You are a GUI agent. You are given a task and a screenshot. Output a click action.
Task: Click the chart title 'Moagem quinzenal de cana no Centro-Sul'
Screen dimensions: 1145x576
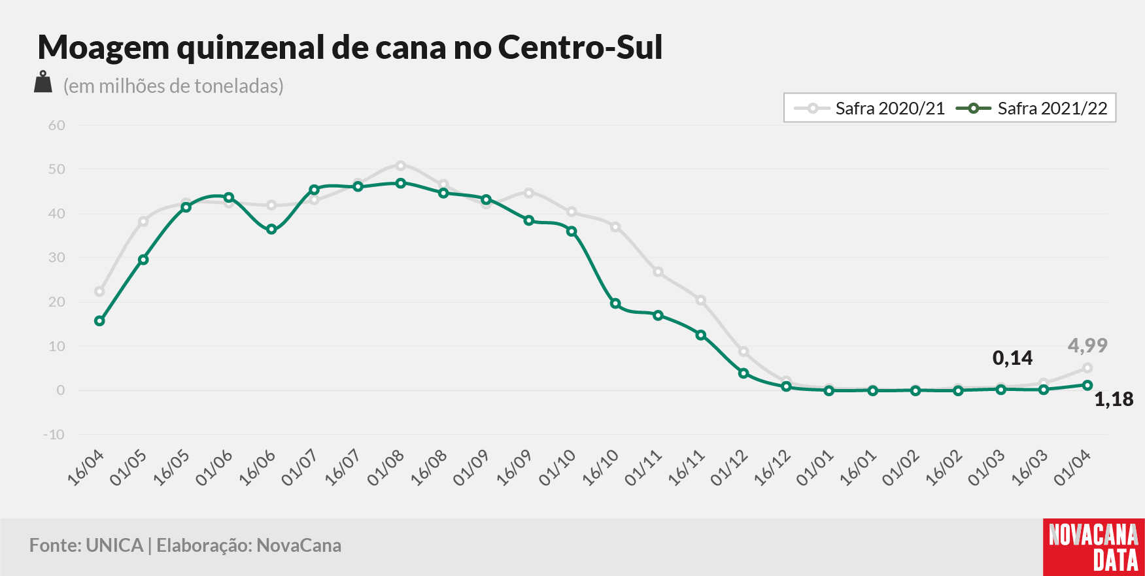[x=350, y=48]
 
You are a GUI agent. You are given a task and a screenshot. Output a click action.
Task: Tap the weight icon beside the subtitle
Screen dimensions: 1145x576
[x=43, y=82]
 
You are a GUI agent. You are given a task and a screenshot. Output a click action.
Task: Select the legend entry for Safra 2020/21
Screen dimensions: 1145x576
[x=870, y=109]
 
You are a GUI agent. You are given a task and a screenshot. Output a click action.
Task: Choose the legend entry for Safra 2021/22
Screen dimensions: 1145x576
[x=1032, y=109]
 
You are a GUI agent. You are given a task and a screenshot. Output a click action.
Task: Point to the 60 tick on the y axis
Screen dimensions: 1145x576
[x=57, y=125]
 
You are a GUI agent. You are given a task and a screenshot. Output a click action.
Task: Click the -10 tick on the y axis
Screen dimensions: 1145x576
[x=54, y=435]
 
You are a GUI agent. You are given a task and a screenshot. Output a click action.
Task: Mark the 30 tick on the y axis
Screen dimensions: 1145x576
[x=57, y=258]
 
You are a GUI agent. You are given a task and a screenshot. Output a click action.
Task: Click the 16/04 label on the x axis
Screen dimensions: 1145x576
[x=86, y=468]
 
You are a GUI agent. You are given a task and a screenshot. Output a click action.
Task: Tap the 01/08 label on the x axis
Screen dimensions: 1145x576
[x=386, y=468]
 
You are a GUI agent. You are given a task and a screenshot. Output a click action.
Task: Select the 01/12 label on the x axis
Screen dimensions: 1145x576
[x=729, y=468]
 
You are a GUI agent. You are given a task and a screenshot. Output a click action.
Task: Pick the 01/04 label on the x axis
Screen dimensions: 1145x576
[x=1072, y=468]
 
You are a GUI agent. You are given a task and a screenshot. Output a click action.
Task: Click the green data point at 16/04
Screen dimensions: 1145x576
[x=99, y=321]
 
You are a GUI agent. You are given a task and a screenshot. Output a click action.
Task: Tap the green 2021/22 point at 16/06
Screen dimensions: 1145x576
[x=271, y=229]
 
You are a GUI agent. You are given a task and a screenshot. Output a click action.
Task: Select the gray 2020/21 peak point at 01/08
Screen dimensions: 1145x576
[x=401, y=165]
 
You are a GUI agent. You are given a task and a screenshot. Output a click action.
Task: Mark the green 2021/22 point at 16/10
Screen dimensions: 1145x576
[x=615, y=303]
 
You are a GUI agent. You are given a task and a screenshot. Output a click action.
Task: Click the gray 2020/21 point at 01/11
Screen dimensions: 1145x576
[x=658, y=272]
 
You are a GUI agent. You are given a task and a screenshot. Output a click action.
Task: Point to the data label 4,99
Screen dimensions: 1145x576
[x=1087, y=345]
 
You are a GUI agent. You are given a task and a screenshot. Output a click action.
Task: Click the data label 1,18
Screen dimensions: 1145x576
[x=1114, y=399]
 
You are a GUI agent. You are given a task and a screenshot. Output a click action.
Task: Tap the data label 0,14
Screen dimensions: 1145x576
[x=1012, y=358]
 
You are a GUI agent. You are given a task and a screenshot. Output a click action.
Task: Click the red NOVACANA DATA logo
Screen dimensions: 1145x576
[x=1094, y=547]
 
